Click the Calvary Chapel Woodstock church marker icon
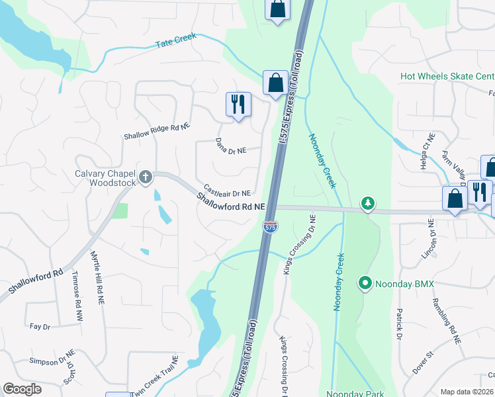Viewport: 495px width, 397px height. pos(146,177)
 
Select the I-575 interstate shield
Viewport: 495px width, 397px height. pos(270,227)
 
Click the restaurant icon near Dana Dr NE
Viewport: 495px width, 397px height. pos(238,105)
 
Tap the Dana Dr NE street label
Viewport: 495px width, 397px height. pos(231,146)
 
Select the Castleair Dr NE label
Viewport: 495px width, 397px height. pos(227,190)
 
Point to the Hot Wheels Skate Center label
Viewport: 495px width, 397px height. pos(447,76)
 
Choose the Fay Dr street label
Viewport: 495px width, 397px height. pos(40,326)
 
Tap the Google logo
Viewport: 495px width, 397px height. pos(22,389)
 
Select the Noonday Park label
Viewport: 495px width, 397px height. pos(355,393)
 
